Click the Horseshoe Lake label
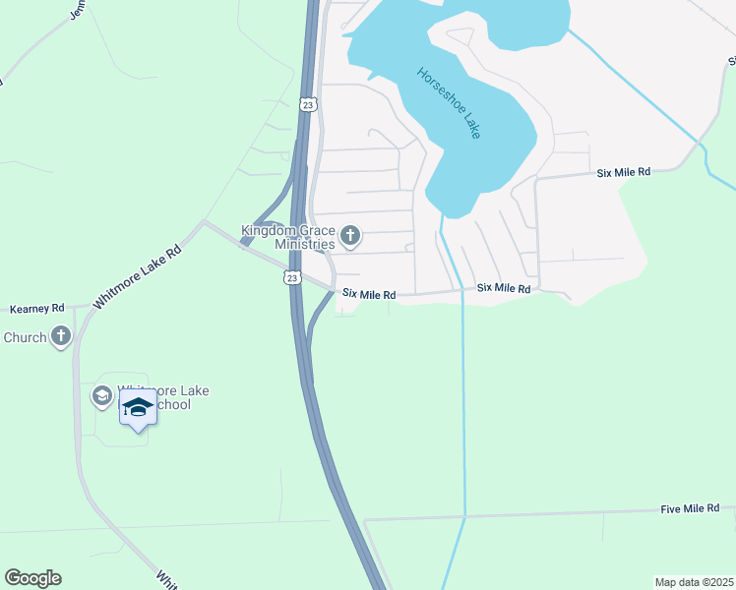[449, 102]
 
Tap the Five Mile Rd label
[690, 508]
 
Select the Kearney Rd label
[36, 308]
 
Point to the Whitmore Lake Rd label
[138, 277]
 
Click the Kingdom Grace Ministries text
[289, 238]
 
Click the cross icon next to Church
[61, 337]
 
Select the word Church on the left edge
[25, 337]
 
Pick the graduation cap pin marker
[139, 408]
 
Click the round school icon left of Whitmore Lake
[100, 396]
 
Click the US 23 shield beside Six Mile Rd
[292, 278]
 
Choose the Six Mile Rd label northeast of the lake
[624, 172]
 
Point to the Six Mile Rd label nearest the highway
[369, 294]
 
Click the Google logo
[32, 578]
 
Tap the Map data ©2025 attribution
[694, 581]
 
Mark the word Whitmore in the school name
[148, 390]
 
